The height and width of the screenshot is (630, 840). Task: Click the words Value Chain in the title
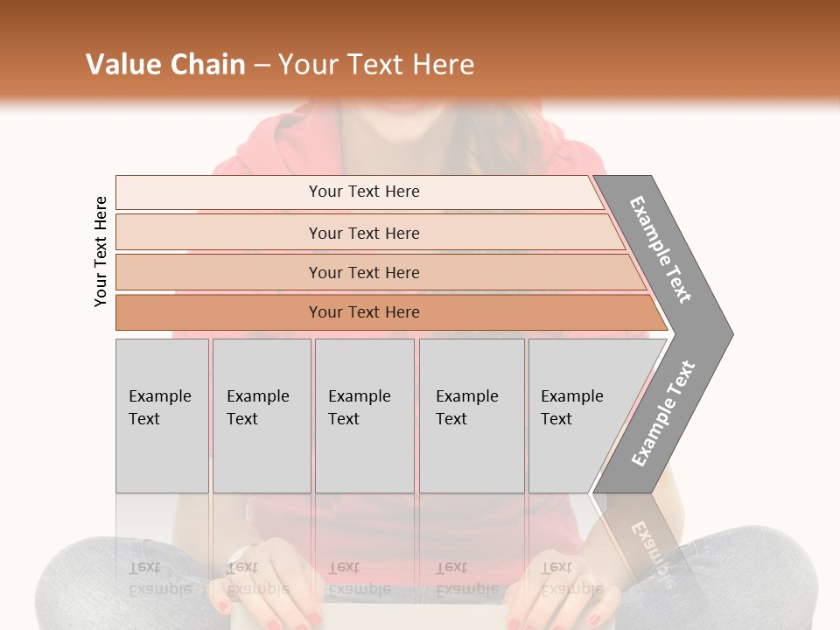coord(165,65)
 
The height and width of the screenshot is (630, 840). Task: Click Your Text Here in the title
coord(376,65)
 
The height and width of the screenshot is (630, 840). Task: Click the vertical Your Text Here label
coord(101,251)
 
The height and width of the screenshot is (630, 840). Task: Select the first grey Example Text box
coord(162,416)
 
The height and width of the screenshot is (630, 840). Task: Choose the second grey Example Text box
coord(262,416)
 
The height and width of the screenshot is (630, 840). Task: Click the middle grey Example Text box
coord(364,416)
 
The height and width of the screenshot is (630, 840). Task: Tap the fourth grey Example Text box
coord(472,416)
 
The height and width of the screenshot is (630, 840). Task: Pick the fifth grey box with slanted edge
coord(577,416)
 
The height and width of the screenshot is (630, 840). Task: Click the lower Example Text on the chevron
coord(662,414)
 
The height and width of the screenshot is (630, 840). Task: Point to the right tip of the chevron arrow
coord(731,333)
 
